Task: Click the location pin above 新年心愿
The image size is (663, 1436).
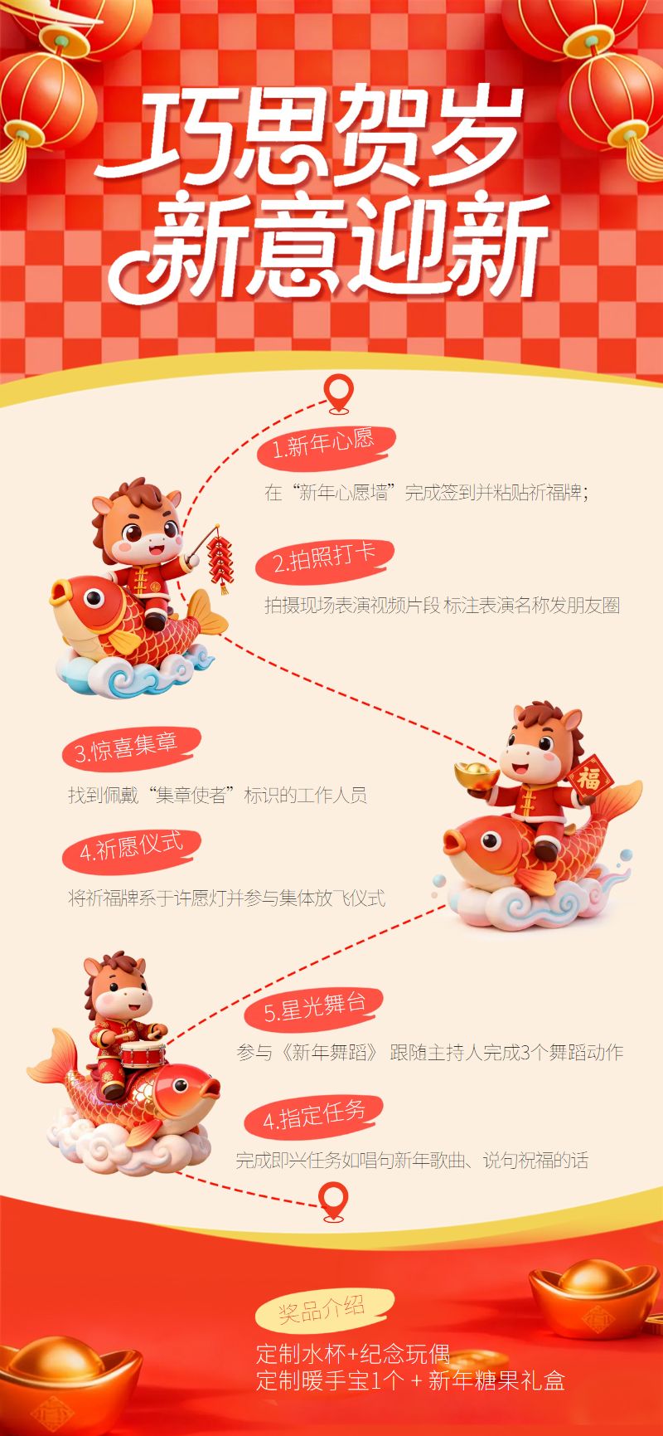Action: pyautogui.click(x=337, y=393)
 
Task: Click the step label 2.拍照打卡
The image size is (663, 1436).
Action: pyautogui.click(x=325, y=559)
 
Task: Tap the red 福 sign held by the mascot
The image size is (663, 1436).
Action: pyautogui.click(x=590, y=778)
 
